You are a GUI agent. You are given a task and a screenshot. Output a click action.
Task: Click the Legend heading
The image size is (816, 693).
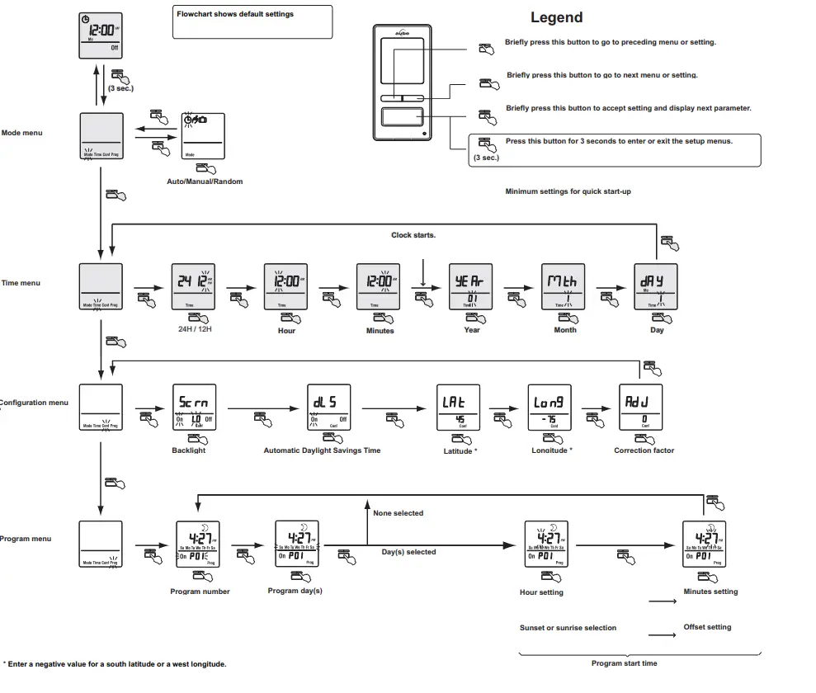(556, 17)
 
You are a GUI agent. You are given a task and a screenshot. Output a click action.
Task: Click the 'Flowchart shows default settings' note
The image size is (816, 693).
(235, 14)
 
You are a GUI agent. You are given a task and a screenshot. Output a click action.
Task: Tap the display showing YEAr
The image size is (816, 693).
(470, 286)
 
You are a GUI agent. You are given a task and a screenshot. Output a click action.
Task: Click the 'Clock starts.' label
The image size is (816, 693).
(413, 235)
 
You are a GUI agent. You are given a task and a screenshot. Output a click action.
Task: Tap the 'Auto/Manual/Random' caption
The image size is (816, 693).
(205, 181)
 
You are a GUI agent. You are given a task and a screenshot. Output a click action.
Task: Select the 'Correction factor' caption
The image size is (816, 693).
(644, 450)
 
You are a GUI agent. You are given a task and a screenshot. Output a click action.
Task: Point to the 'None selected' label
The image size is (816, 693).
(398, 513)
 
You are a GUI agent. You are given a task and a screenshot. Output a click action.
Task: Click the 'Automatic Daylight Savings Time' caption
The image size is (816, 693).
(323, 450)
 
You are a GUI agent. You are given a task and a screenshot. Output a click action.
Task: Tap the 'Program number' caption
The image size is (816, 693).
(200, 592)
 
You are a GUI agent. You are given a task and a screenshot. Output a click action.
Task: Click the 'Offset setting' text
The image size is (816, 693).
(707, 627)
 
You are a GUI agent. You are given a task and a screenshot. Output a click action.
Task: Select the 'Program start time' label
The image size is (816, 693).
(625, 663)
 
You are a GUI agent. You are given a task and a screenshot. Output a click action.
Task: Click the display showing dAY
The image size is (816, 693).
(655, 286)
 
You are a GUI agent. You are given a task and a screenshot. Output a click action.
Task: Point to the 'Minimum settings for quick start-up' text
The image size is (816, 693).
(568, 191)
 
